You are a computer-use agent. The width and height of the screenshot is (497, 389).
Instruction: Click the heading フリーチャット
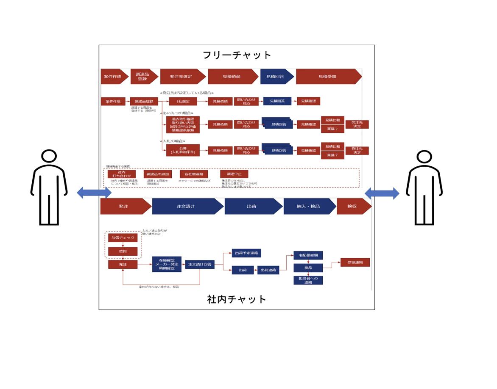[x=237, y=55]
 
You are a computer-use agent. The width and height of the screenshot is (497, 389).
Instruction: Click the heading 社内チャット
[x=237, y=299]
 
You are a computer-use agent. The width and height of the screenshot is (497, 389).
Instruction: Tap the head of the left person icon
[x=49, y=156]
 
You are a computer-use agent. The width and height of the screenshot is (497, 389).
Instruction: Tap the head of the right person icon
[x=424, y=156]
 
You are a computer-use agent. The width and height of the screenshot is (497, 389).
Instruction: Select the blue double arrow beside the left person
[x=94, y=193]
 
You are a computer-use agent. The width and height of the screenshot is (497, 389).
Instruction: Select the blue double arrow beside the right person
[x=382, y=193]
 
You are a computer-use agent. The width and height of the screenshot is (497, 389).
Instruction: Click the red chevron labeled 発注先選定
[x=181, y=77]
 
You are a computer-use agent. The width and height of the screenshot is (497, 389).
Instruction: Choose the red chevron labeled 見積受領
[x=327, y=77]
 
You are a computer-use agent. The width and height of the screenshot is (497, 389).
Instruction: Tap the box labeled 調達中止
[x=234, y=174]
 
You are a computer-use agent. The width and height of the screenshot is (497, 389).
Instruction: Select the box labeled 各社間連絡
[x=194, y=174]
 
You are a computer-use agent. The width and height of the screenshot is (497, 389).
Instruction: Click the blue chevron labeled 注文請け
[x=186, y=206]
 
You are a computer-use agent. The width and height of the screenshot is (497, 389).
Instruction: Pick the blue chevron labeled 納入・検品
[x=308, y=206]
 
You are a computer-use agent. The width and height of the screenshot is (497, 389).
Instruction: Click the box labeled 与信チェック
[x=123, y=238]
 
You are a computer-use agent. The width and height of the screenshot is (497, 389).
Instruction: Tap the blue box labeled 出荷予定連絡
[x=246, y=253]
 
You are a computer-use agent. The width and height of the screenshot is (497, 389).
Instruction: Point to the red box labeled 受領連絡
[x=355, y=262]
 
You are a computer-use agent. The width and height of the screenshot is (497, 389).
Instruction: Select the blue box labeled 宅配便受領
[x=308, y=255]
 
